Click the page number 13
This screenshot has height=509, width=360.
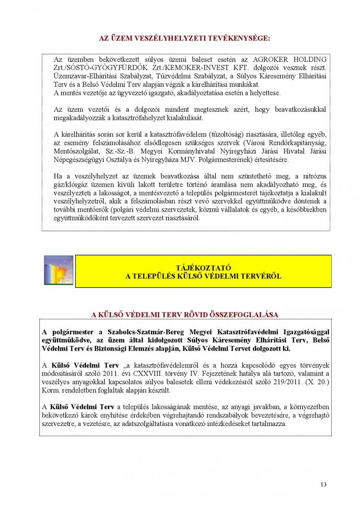coord(324,485)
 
